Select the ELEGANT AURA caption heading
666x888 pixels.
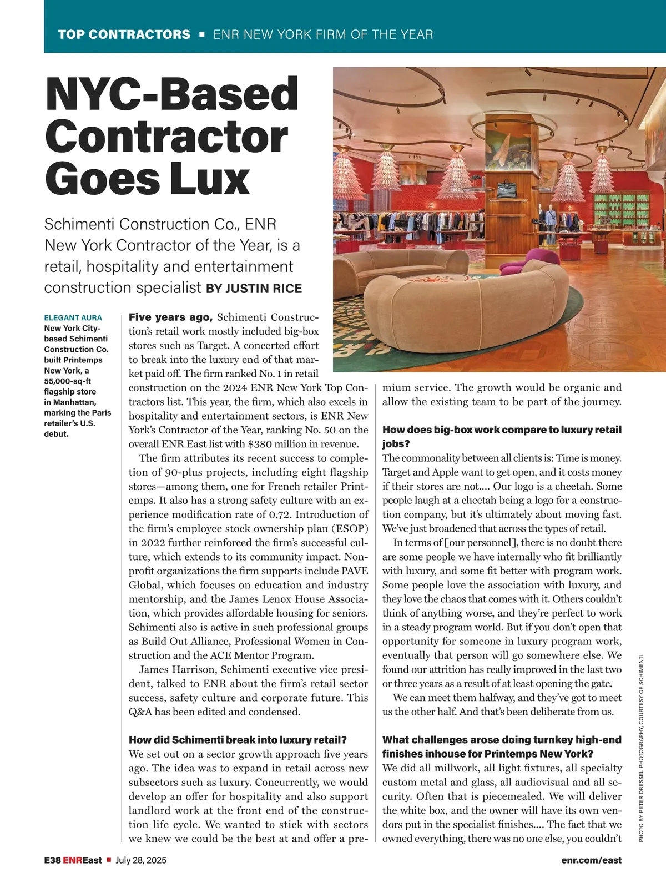(73, 318)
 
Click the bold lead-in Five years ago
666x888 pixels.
(171, 317)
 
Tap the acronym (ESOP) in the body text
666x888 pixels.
(350, 528)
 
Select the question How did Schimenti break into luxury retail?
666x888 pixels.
(238, 740)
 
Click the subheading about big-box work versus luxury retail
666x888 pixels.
(502, 436)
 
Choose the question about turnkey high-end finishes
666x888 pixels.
(502, 746)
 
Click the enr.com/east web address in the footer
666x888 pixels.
(591, 860)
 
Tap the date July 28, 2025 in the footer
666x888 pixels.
(141, 860)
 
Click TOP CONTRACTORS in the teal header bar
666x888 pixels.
(124, 34)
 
